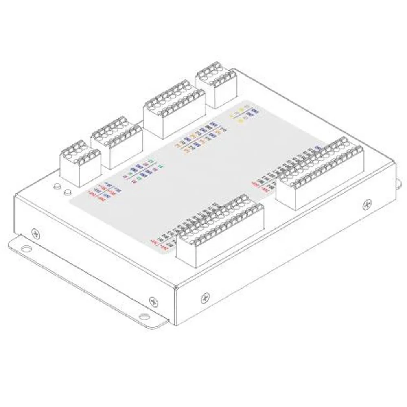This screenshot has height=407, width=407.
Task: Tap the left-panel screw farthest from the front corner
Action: click(35, 233)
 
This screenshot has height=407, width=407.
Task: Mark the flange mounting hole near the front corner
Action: click(144, 317)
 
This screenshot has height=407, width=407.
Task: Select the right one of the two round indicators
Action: click(68, 191)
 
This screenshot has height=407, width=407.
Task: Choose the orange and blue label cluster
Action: click(199, 138)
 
